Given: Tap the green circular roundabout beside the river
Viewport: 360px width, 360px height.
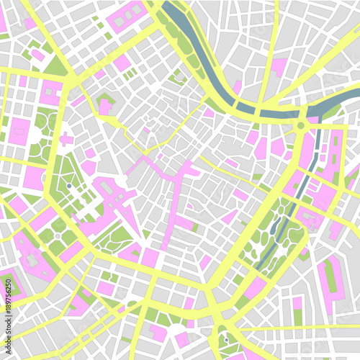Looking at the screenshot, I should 300,126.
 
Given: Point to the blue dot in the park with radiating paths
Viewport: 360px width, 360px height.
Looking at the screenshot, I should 69,186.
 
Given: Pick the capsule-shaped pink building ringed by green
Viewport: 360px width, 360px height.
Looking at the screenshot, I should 331,274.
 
